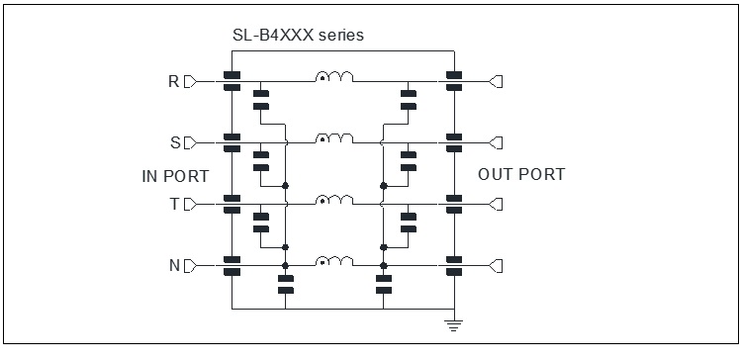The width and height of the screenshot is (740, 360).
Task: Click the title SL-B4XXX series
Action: point(298,35)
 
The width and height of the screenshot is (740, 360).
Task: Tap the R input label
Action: point(174,82)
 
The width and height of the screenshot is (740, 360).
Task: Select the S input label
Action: point(175,143)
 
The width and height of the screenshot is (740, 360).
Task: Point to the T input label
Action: point(175,205)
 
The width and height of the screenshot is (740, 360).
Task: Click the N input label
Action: point(174,266)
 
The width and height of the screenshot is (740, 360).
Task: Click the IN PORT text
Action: point(175,176)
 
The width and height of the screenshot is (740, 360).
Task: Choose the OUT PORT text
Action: point(521,175)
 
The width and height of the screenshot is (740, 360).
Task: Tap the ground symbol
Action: point(453,325)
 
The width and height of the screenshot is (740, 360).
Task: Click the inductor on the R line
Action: point(334,77)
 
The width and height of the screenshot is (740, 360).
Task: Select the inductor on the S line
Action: point(334,138)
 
